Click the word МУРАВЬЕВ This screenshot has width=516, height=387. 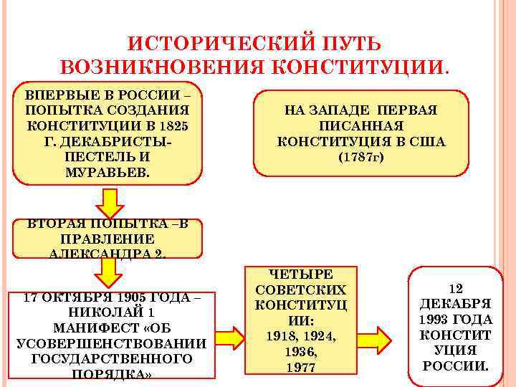click(x=107, y=172)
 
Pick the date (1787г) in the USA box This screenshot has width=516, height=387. click(x=361, y=157)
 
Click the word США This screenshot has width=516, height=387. click(x=427, y=141)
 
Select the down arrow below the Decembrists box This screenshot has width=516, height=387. click(x=110, y=203)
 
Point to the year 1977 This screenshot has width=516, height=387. click(x=300, y=368)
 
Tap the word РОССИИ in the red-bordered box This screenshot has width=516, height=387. click(x=454, y=365)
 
